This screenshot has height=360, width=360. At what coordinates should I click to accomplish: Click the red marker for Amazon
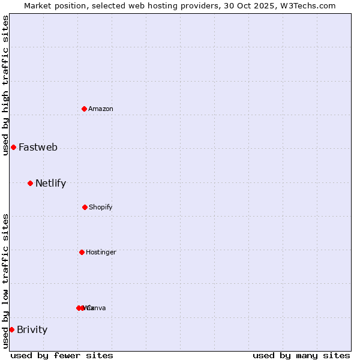pyautogui.click(x=85, y=109)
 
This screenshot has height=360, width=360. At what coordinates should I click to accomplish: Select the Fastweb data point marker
pyautogui.click(x=13, y=147)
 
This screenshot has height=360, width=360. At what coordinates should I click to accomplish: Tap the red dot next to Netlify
pyautogui.click(x=30, y=183)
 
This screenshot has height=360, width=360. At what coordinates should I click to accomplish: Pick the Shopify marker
pyautogui.click(x=85, y=207)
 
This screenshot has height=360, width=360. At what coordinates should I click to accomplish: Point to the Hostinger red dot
pyautogui.click(x=82, y=252)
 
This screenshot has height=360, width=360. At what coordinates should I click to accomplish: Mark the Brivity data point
pyautogui.click(x=11, y=329)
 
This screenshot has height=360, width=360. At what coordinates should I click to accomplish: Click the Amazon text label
pyautogui.click(x=101, y=109)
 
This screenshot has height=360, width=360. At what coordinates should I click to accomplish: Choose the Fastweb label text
pyautogui.click(x=38, y=147)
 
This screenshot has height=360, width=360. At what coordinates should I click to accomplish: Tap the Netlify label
pyautogui.click(x=50, y=184)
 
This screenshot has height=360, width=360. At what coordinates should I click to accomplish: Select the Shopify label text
pyautogui.click(x=101, y=207)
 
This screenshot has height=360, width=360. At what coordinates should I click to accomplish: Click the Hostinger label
pyautogui.click(x=101, y=252)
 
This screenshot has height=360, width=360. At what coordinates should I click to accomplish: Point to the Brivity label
pyautogui.click(x=32, y=329)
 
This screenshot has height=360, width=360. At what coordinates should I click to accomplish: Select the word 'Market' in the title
pyautogui.click(x=38, y=5)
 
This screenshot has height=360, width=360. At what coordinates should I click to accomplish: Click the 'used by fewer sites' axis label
pyautogui.click(x=62, y=355)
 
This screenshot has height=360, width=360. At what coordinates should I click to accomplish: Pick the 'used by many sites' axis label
pyautogui.click(x=301, y=355)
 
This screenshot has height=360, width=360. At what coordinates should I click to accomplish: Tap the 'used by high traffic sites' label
pyautogui.click(x=5, y=85)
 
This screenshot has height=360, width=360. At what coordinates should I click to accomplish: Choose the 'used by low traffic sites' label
pyautogui.click(x=5, y=281)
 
